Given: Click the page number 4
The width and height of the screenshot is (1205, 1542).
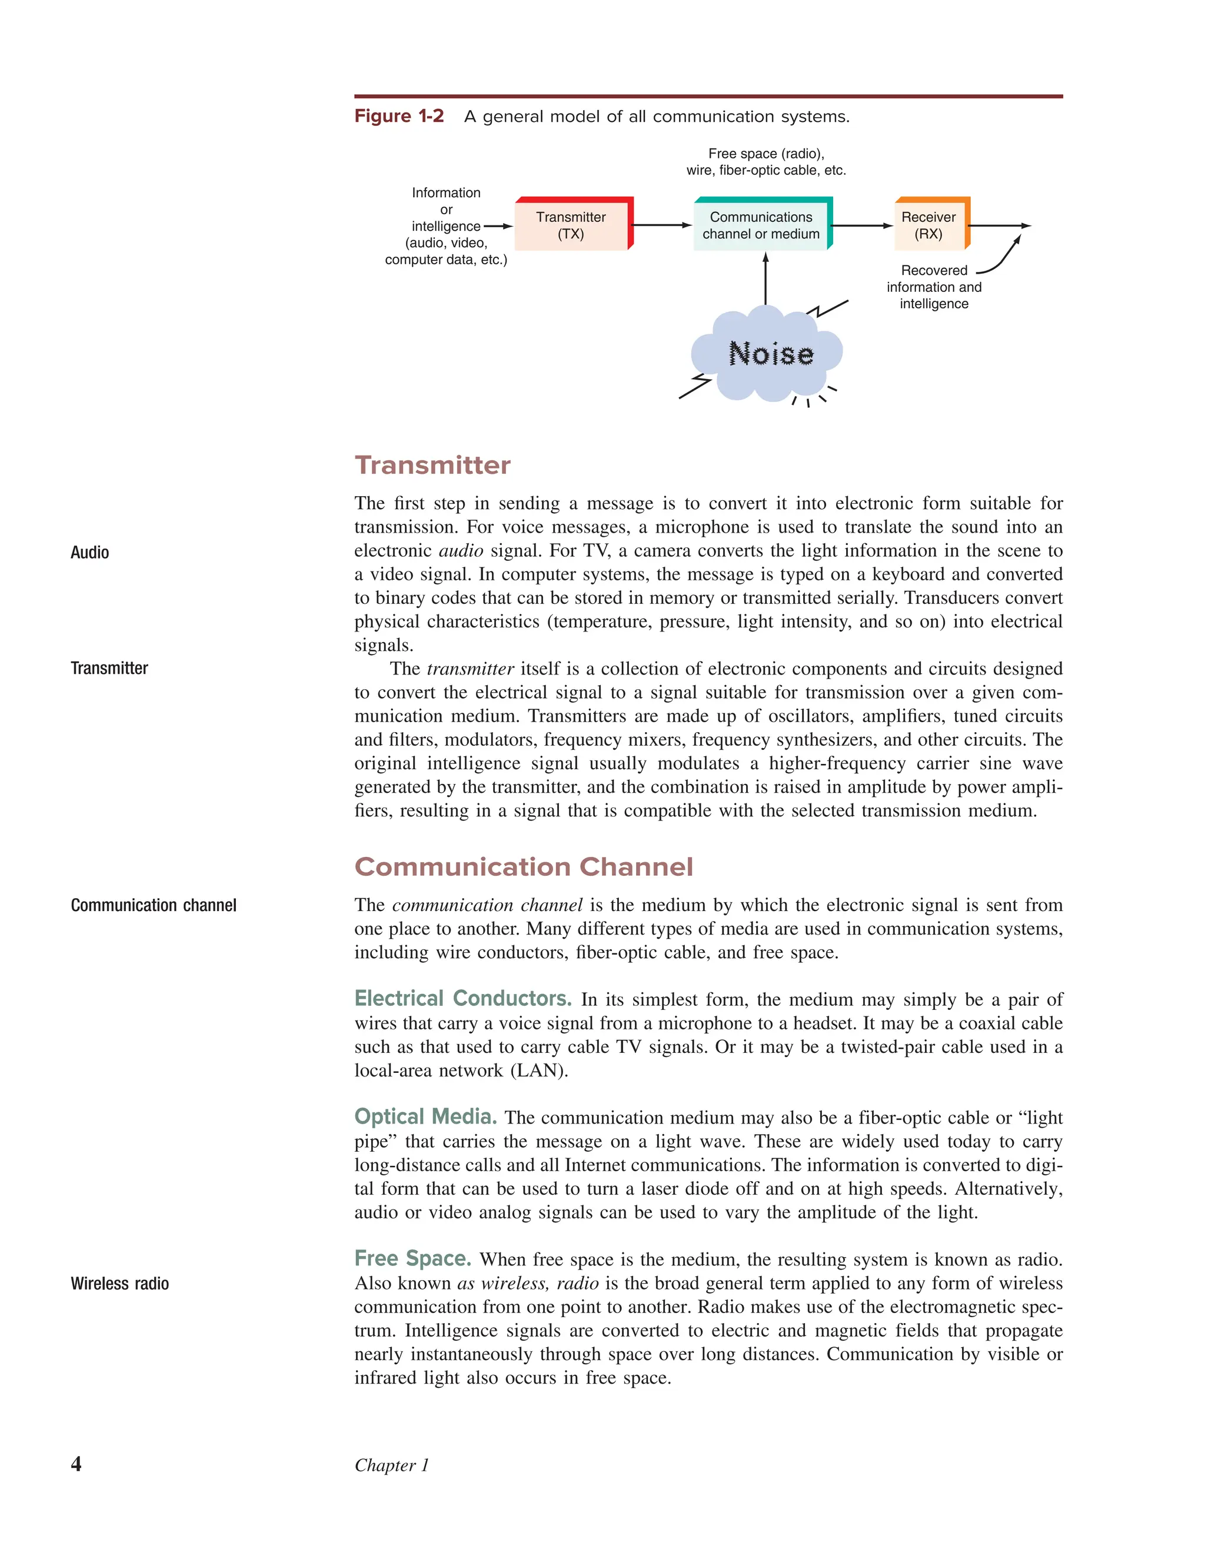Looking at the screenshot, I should [76, 1464].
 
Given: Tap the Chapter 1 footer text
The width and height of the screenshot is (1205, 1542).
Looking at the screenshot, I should [391, 1465].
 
